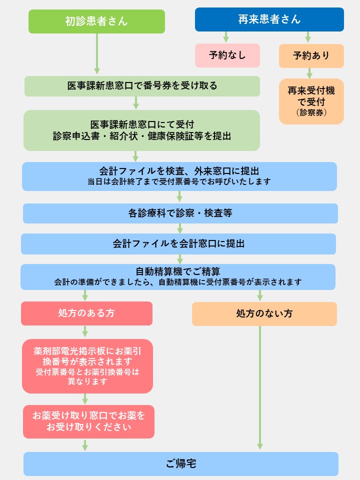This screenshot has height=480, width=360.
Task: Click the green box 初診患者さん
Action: point(96,21)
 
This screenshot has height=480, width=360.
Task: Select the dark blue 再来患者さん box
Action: point(269,19)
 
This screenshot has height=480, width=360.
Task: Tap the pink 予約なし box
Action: point(227,55)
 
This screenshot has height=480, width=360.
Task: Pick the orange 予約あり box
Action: point(311,55)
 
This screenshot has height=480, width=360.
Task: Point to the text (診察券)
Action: point(311,113)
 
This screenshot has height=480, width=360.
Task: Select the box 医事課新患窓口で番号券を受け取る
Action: point(142,86)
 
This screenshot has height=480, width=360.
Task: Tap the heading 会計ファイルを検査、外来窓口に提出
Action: point(179,170)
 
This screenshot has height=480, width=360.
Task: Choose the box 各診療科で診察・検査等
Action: point(180,213)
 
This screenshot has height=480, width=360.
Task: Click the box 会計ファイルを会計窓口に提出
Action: point(178,244)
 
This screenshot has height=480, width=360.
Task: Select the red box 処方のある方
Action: point(86,313)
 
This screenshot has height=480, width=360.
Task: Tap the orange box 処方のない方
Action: point(264,314)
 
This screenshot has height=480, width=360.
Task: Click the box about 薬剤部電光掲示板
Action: point(87,366)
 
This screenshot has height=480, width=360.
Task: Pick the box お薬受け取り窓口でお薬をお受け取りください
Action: point(88,421)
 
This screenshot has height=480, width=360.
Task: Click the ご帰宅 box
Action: point(180,464)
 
